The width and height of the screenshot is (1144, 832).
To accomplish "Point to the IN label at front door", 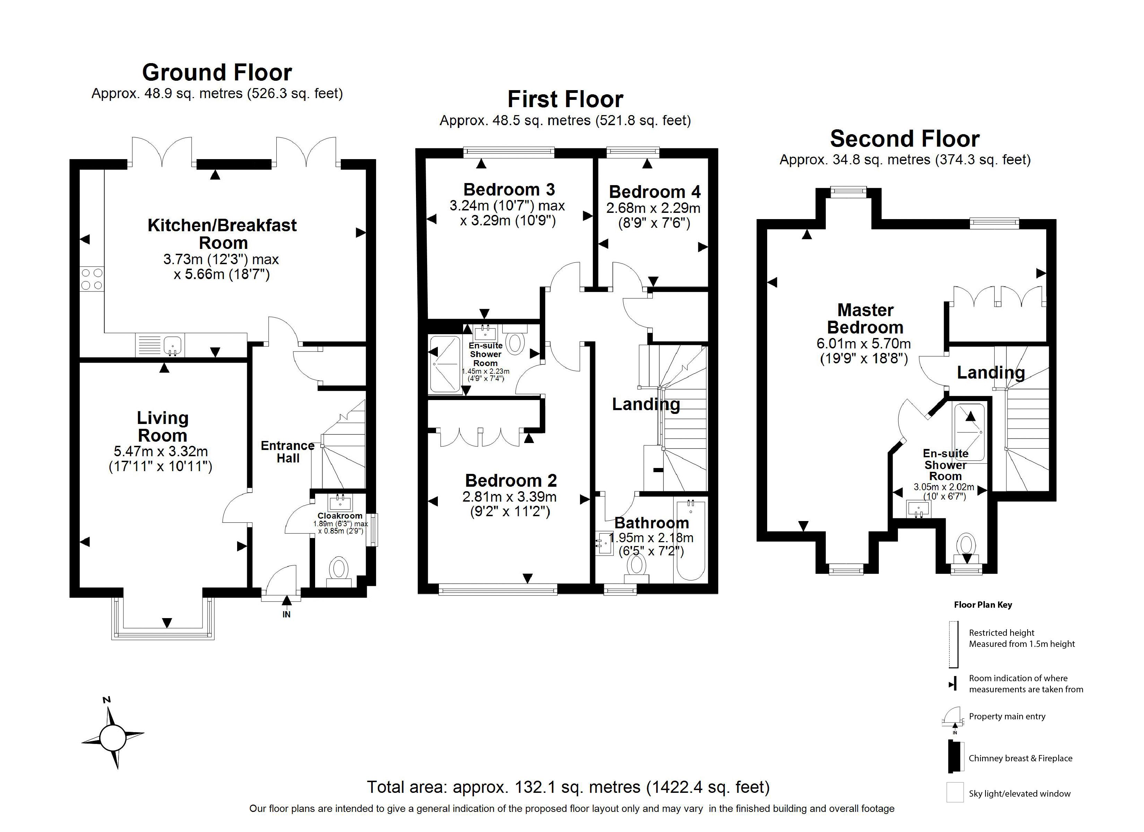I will point(286,615).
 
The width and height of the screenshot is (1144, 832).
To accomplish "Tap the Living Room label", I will point(163,426).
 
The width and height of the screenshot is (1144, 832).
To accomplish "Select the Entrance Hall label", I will point(287,452).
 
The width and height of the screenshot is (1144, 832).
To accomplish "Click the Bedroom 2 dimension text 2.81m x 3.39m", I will point(510,496).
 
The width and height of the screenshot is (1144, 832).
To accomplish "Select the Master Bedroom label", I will point(865,318).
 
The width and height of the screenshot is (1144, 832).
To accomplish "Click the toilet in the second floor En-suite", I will point(966,546).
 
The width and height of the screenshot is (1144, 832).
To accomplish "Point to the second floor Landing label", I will point(991,372).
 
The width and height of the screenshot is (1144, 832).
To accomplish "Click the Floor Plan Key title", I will point(982,605).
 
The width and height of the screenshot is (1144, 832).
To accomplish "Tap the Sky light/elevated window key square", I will point(955,792).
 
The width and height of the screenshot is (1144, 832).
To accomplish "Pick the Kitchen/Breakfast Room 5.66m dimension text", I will point(222,275).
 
